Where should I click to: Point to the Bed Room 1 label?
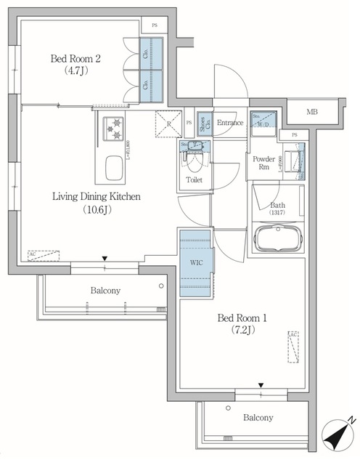pos(240,317)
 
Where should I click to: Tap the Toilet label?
pos(194,179)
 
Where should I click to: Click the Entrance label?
pos(229,123)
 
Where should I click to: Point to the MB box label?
pos(311,111)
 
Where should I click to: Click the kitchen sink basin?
pos(114,170)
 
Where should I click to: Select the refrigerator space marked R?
pos(168,124)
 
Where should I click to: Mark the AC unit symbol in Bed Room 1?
pos(292,347)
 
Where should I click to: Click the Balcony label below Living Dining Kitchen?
pos(105,291)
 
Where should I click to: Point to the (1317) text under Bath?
pos(277,214)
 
